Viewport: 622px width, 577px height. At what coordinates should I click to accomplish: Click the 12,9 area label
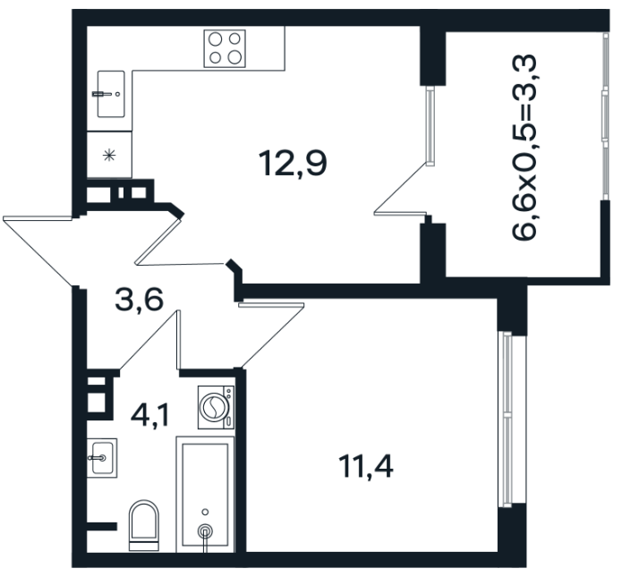click(x=293, y=164)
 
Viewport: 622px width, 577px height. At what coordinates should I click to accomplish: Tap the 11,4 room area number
click(x=365, y=467)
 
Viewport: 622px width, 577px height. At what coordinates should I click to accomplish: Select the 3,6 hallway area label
click(x=139, y=300)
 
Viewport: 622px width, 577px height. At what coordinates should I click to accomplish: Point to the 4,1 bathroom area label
click(x=150, y=416)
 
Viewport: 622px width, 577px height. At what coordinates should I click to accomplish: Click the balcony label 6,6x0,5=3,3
click(x=524, y=147)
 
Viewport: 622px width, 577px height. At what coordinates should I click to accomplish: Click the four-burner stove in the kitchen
click(x=225, y=48)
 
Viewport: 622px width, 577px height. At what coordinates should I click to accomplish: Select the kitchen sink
click(x=111, y=94)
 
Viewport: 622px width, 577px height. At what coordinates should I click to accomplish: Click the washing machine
click(x=216, y=407)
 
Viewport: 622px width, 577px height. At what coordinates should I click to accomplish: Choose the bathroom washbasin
click(x=102, y=458)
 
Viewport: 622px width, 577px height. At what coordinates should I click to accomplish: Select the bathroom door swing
click(x=150, y=340)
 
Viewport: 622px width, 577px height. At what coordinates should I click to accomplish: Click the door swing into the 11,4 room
click(x=272, y=335)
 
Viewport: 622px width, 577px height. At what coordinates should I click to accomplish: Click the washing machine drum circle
click(x=214, y=407)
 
